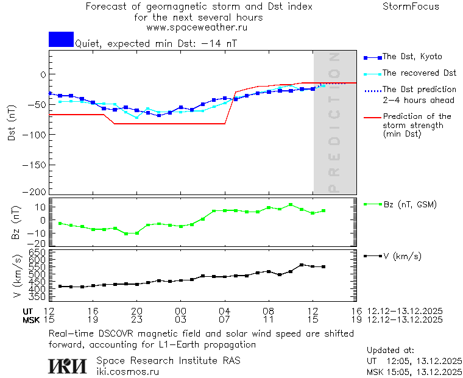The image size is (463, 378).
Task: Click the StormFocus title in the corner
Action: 411,7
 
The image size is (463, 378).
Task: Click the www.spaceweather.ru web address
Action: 196,27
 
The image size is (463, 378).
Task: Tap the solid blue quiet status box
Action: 61,39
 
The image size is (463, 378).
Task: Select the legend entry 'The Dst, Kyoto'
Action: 412,57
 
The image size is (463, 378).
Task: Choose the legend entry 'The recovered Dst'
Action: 419,73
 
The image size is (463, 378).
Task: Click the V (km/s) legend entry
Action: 401,256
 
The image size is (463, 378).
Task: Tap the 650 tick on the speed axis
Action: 38,252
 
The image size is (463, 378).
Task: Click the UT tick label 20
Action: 137,311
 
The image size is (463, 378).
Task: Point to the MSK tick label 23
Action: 137,319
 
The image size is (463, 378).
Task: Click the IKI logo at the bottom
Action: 68,365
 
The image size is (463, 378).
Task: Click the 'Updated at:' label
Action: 390,351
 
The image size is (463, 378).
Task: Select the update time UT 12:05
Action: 414,361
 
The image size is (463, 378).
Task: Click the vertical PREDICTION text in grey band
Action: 334,123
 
